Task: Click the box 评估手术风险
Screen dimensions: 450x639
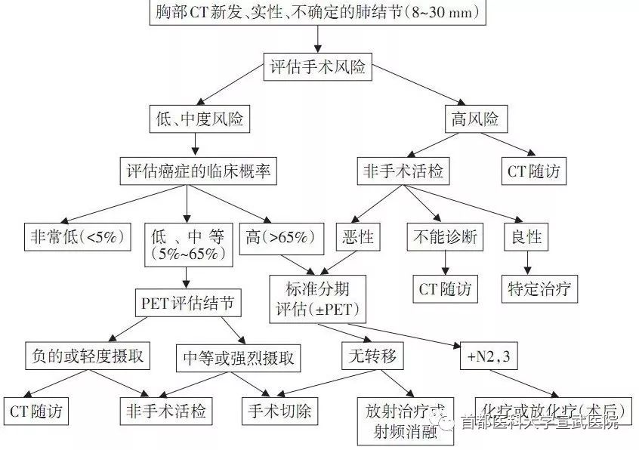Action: (317, 66)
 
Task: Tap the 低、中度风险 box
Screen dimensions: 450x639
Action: (199, 119)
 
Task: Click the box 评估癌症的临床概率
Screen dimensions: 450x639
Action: (198, 171)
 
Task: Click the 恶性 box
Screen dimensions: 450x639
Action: (354, 236)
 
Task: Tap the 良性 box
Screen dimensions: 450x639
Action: (526, 236)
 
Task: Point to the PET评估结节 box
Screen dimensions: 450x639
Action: (188, 304)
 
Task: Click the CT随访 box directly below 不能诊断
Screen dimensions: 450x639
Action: (445, 288)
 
